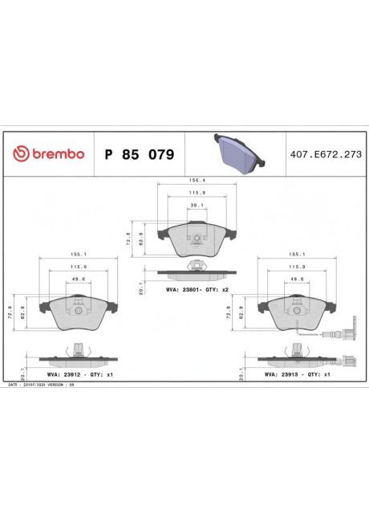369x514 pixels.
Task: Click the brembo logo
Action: click(x=47, y=153)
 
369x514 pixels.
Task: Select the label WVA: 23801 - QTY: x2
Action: click(x=197, y=288)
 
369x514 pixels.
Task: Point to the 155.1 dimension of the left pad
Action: click(x=78, y=253)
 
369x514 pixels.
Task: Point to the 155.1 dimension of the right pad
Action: click(x=296, y=253)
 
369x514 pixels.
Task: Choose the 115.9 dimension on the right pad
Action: click(x=296, y=267)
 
